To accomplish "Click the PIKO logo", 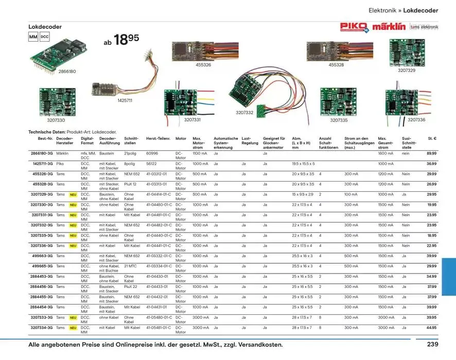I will (354, 27).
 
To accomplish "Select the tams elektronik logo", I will (424, 27).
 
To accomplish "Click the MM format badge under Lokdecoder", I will (33, 37).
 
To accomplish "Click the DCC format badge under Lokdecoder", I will (44, 37).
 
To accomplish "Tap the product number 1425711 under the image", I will (125, 101).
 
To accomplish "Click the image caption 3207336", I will (416, 120).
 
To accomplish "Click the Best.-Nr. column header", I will (45, 138).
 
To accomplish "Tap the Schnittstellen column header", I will (131, 141).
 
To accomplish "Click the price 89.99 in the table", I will (431, 153).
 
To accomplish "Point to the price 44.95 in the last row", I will (431, 328).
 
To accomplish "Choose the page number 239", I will (433, 345).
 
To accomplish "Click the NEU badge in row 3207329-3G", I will (74, 194).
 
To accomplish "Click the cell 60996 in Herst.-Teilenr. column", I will (152, 153).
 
